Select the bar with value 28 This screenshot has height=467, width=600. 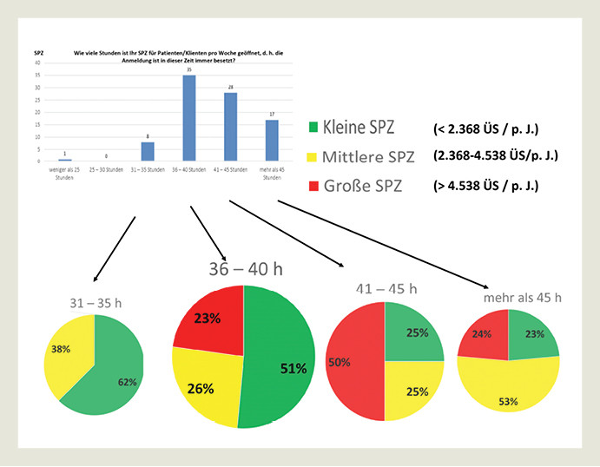click(x=230, y=127)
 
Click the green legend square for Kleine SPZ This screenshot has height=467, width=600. click(x=313, y=128)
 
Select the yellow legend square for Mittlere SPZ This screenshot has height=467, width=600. click(x=313, y=157)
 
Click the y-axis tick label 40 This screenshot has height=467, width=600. click(x=36, y=63)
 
